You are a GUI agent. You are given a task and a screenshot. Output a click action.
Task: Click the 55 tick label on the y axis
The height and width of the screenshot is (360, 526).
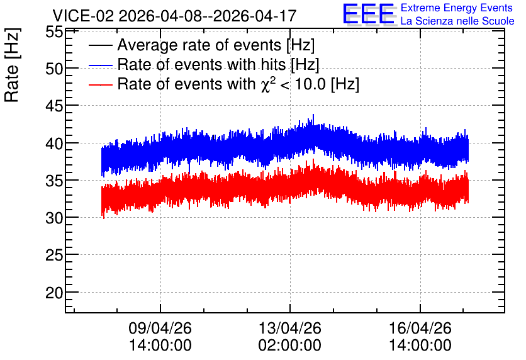54,32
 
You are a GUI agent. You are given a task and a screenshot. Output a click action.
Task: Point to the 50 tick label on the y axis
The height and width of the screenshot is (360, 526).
54,69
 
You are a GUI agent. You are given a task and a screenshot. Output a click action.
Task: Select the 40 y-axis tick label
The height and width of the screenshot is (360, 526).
54,143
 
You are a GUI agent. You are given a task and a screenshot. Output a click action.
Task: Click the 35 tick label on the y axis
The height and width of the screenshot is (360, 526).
54,181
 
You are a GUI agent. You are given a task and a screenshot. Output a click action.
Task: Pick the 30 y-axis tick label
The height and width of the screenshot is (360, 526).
54,218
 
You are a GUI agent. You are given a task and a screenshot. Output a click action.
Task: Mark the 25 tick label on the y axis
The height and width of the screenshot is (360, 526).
54,256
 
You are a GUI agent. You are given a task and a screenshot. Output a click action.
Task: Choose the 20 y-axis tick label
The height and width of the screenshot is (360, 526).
54,293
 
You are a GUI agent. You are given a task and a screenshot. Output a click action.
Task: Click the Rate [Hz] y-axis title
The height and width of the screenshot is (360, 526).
12,65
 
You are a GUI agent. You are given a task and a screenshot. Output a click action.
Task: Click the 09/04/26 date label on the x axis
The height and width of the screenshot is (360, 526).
160,328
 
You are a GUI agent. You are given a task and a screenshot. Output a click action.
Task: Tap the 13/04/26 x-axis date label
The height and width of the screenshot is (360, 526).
290,328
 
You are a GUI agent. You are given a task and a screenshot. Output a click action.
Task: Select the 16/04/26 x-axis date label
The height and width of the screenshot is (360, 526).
420,328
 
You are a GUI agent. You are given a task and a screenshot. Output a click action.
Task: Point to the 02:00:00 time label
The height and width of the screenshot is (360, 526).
290,346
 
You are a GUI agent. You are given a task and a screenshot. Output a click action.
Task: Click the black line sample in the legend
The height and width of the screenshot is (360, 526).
100,45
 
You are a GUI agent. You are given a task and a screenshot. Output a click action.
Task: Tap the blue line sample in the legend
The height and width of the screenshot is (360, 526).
100,65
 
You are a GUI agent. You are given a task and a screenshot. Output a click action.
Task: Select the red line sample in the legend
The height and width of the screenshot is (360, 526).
100,84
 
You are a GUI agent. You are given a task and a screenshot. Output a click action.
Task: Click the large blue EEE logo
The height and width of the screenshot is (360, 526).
369,14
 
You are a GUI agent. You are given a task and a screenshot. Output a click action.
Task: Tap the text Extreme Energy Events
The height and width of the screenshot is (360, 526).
457,8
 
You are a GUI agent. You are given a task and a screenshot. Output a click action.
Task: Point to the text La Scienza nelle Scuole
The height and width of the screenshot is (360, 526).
457,21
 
